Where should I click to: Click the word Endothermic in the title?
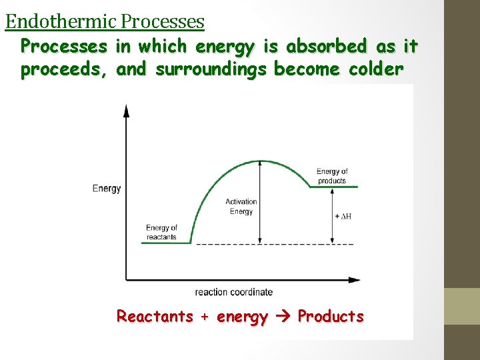tap(61, 22)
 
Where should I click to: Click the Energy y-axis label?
tap(107, 189)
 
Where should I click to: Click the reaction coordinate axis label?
tap(233, 292)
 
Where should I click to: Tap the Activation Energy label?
tap(241, 207)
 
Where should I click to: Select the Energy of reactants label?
tap(161, 233)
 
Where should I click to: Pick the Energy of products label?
tap(331, 176)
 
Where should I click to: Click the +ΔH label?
tap(342, 217)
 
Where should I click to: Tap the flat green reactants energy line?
tap(165, 243)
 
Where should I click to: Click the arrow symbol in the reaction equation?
tap(283, 317)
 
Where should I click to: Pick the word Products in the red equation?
tap(331, 317)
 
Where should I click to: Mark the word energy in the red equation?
tap(242, 317)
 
